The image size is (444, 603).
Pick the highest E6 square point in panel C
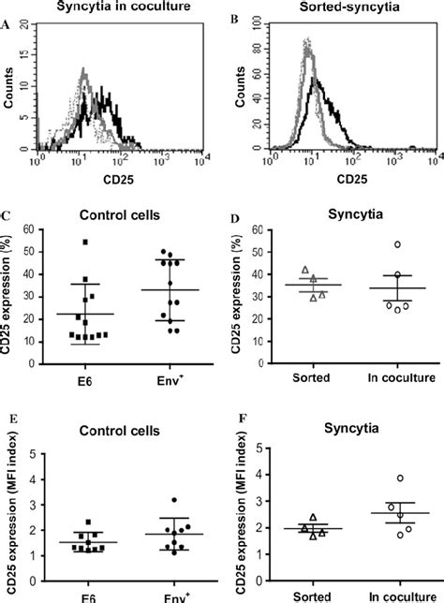[85, 243]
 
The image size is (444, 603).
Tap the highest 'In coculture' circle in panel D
[396, 244]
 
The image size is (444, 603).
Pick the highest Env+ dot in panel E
[170, 501]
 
